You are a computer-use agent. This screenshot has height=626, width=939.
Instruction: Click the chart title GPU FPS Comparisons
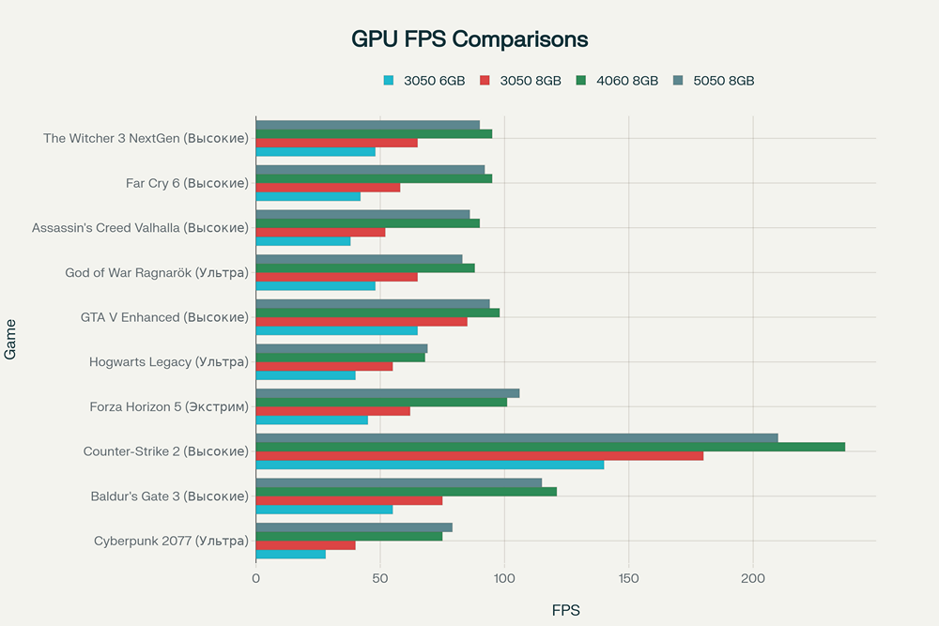[469, 38]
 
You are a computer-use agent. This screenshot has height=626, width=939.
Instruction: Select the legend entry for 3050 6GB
[423, 81]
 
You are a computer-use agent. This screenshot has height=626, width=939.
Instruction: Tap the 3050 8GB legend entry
[519, 81]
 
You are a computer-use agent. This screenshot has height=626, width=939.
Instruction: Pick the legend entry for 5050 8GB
[714, 81]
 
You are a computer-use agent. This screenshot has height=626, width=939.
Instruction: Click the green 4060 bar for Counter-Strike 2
[550, 447]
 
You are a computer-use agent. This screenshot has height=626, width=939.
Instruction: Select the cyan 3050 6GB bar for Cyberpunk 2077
[291, 554]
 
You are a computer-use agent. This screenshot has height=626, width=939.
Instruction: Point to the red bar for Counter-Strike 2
[480, 455]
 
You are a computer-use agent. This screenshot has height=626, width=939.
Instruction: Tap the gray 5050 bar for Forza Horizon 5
[388, 393]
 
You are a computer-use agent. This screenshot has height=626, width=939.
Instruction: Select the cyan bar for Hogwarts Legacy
[306, 375]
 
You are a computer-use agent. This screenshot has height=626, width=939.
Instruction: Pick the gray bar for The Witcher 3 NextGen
[368, 125]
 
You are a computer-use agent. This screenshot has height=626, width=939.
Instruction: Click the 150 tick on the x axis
[628, 579]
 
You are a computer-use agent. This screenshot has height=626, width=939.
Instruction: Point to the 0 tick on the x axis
[256, 579]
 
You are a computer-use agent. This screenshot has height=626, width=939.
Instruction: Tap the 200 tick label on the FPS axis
[753, 579]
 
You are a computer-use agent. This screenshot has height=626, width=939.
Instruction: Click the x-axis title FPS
[565, 610]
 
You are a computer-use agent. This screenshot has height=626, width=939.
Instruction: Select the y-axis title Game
[11, 340]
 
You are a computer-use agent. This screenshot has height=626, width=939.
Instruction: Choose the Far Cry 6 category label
[187, 183]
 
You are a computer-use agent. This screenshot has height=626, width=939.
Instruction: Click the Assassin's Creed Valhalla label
[140, 228]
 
